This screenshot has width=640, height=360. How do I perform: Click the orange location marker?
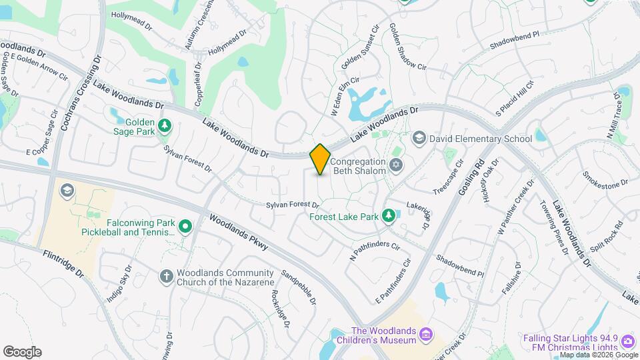click(320, 159)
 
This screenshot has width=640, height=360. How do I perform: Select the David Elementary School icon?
click(419, 138)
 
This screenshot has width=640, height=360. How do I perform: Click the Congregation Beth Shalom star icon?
click(396, 165)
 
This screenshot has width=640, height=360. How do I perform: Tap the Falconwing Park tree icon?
click(185, 227)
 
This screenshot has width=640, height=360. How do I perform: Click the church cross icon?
click(166, 275)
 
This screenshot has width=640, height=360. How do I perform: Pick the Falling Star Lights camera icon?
click(627, 342)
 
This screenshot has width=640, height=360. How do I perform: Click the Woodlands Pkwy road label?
click(238, 232)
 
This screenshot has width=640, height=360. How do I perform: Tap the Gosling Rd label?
click(471, 177)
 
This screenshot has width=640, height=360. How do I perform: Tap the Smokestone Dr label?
click(605, 179)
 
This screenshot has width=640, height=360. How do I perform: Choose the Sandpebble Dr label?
click(299, 287)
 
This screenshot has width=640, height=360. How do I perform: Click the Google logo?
click(22, 352)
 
